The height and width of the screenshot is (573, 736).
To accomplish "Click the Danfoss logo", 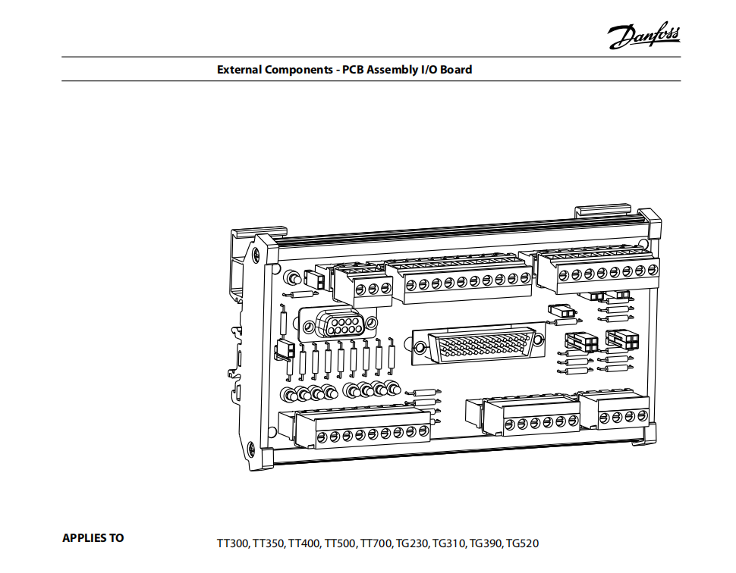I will click(644, 35).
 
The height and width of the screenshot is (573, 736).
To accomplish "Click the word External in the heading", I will click(239, 70).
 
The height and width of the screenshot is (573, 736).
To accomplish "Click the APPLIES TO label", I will click(93, 538).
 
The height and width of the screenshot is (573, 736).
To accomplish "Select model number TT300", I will click(232, 543).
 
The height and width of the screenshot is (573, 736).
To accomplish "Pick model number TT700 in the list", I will click(376, 543).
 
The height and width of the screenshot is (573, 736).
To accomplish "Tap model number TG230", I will click(413, 543).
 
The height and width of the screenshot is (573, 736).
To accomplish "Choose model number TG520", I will click(522, 543).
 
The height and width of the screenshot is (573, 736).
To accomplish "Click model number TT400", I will click(304, 543).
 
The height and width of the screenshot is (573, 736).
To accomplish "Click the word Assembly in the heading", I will click(392, 70).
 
